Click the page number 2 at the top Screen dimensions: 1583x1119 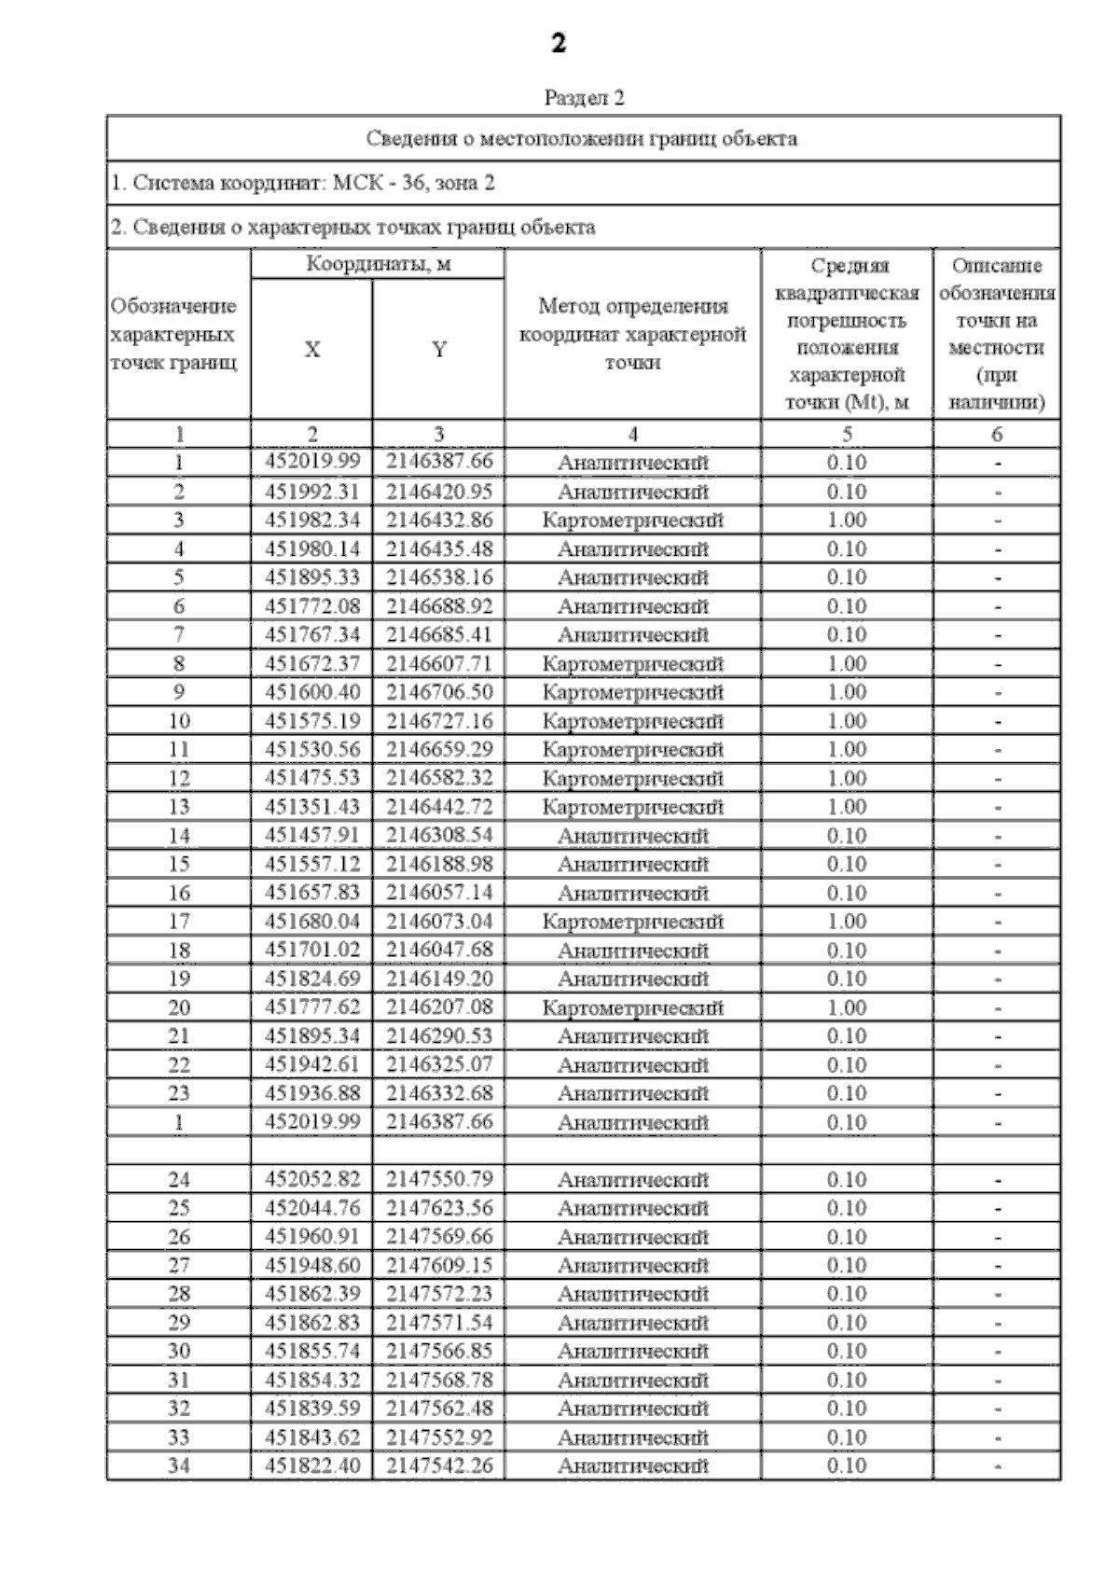[x=559, y=44]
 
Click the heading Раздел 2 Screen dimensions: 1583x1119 [x=584, y=98]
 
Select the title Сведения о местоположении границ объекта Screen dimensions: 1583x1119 [x=581, y=139]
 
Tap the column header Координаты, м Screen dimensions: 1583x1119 [x=379, y=264]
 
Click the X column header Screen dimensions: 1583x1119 [x=311, y=350]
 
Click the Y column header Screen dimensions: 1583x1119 [x=438, y=350]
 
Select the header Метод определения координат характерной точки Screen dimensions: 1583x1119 [x=632, y=334]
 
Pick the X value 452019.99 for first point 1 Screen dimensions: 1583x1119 [x=311, y=462]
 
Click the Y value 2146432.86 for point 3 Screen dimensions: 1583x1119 [x=439, y=520]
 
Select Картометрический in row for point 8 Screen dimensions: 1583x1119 [x=632, y=664]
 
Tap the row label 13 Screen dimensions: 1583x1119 [x=178, y=807]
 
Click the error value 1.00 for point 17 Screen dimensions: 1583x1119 [x=847, y=922]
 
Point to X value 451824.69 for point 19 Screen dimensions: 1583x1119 [x=311, y=979]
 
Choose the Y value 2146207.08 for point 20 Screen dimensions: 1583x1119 [x=439, y=1007]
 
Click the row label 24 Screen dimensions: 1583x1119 [x=178, y=1180]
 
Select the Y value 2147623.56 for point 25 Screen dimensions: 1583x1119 [x=439, y=1208]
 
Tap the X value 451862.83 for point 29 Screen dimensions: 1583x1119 [x=311, y=1323]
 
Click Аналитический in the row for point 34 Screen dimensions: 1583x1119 [x=632, y=1466]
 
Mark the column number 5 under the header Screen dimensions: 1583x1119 [x=847, y=434]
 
